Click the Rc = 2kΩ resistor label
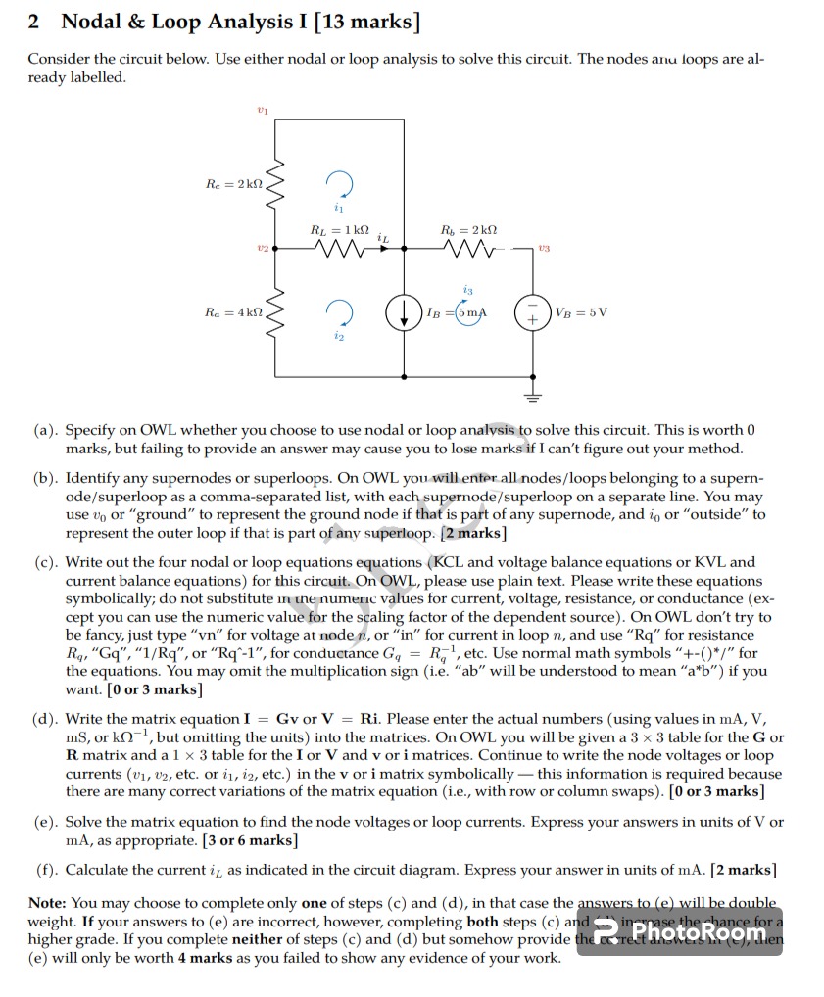(234, 183)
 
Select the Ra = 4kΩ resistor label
(234, 311)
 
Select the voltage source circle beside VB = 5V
(535, 313)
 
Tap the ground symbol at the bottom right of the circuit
(535, 396)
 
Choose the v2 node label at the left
(261, 250)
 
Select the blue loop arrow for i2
(338, 312)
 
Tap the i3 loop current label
(468, 290)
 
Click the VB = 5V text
(581, 312)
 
